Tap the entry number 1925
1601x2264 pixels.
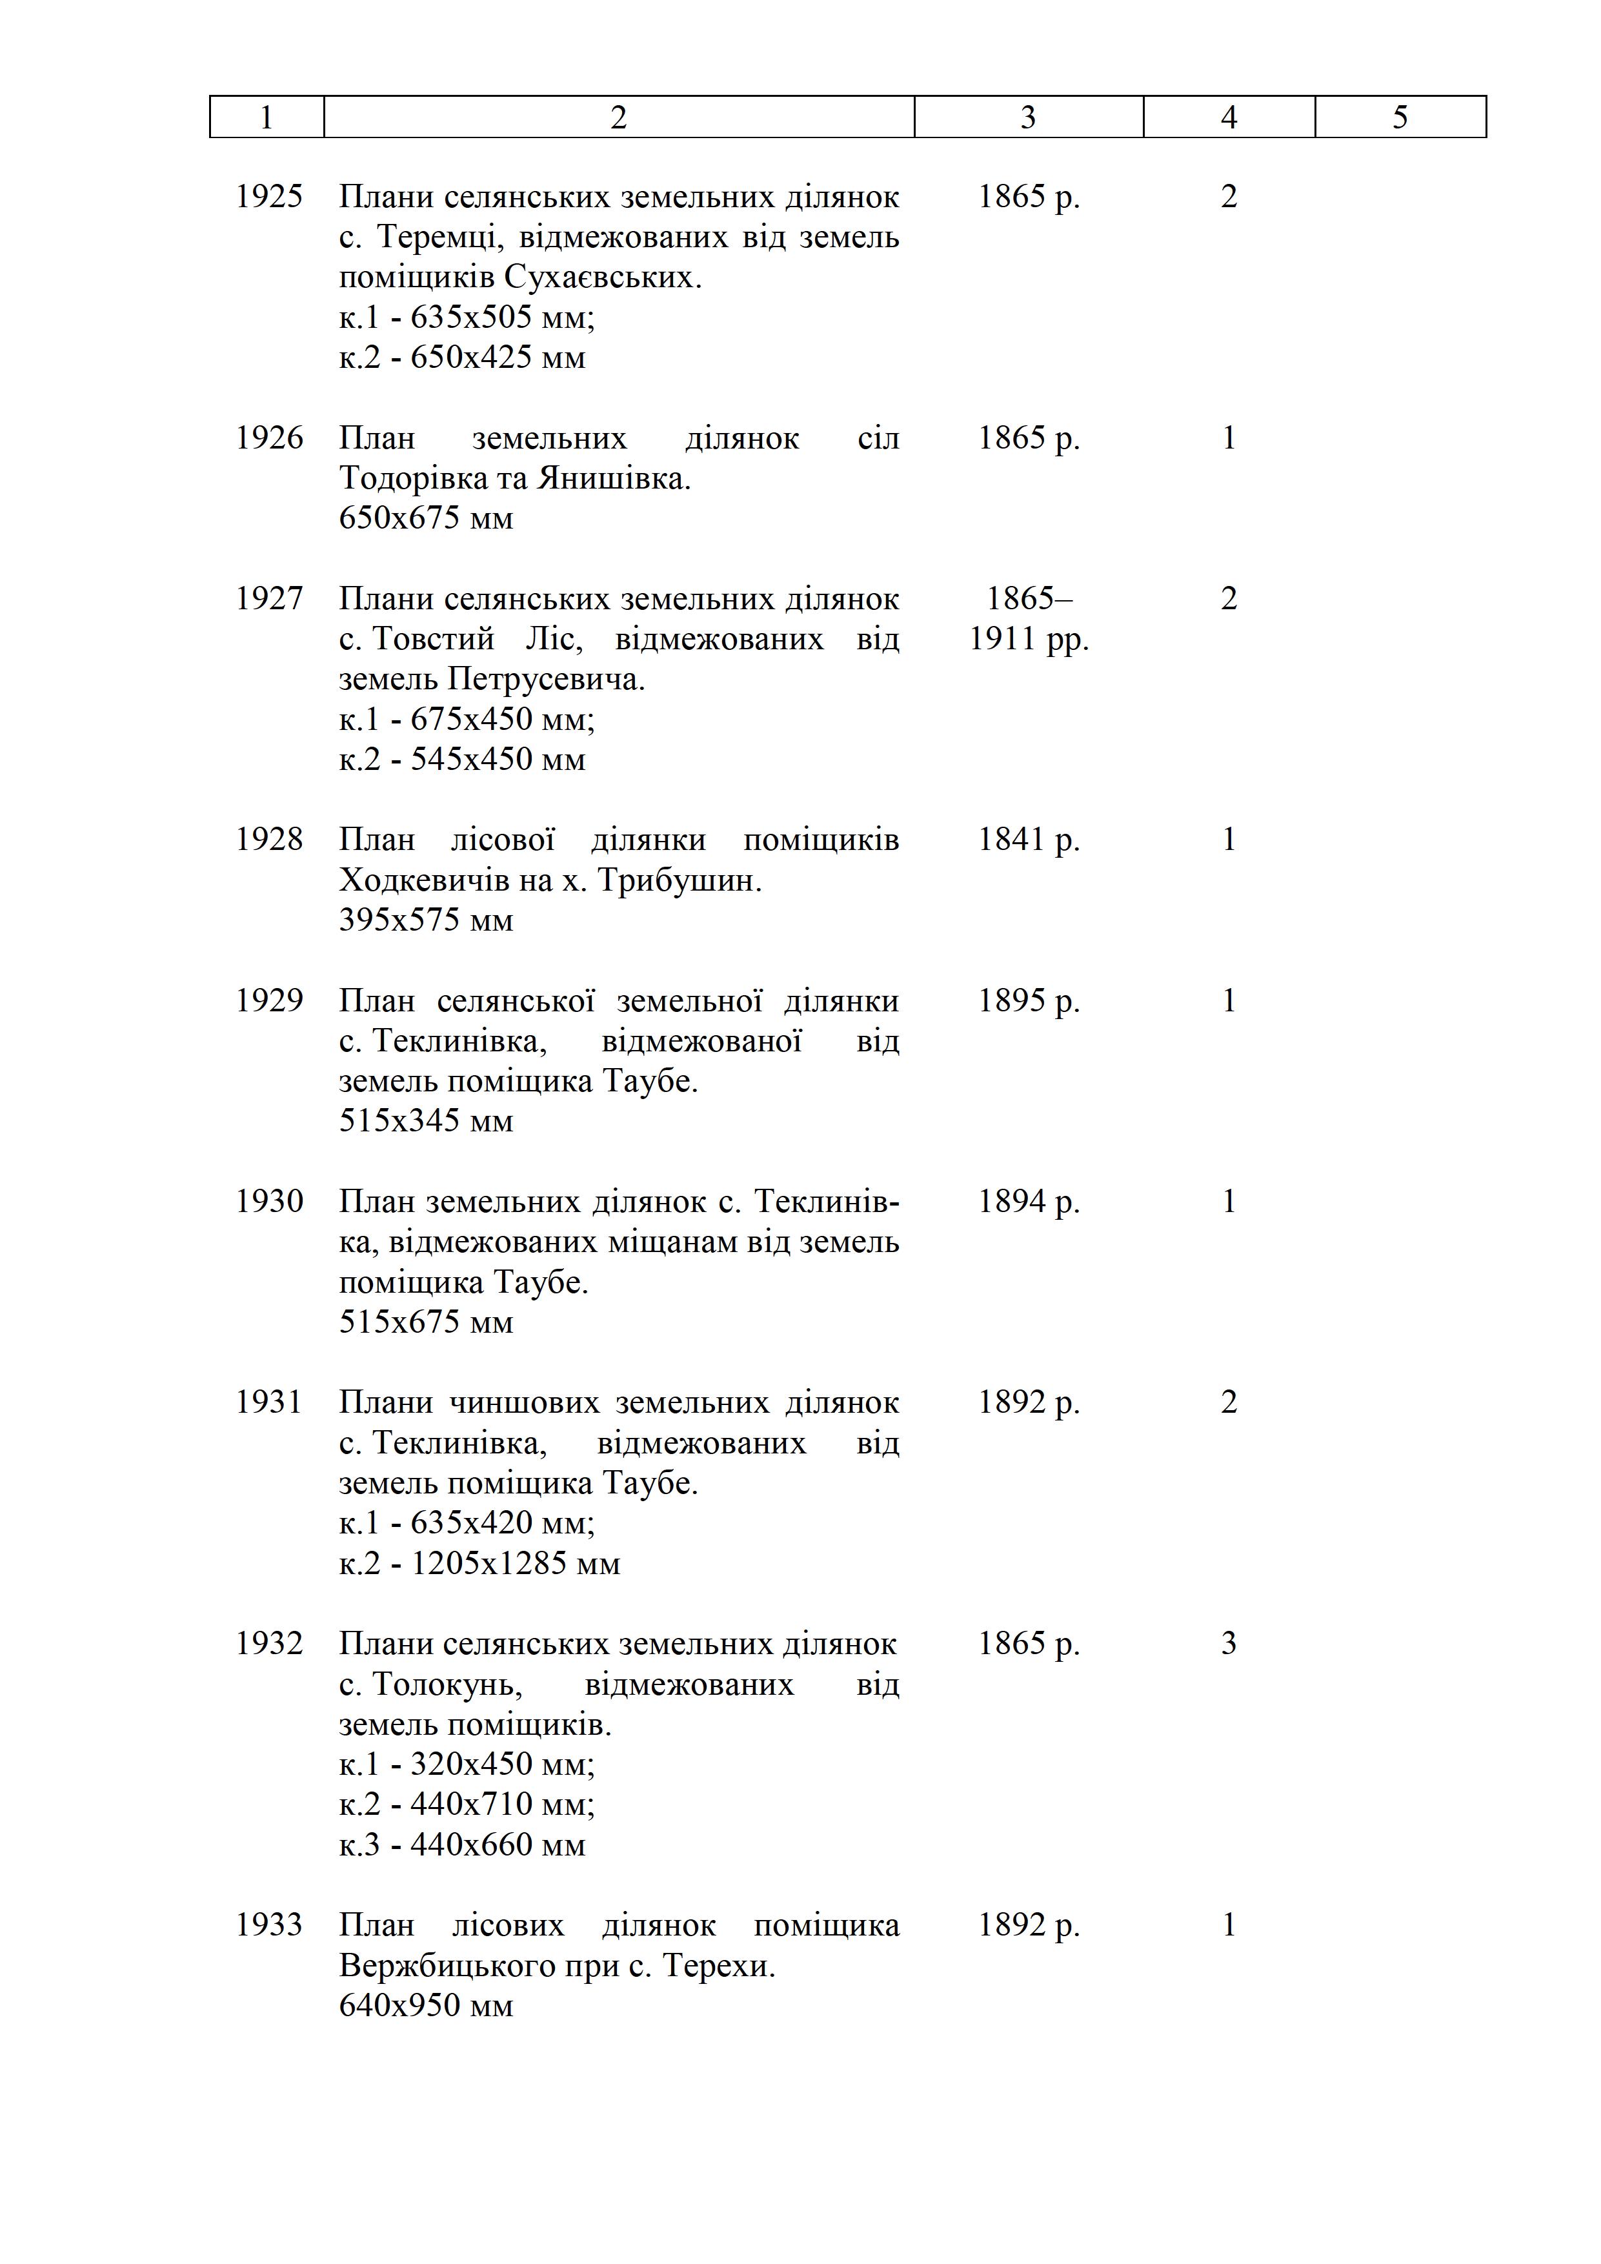268,196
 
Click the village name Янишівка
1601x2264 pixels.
613,478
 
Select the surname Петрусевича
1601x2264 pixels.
545,680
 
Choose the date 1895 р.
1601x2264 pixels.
1028,1001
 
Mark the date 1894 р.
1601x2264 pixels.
1028,1201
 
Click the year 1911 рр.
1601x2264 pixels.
1028,639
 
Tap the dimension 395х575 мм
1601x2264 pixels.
426,920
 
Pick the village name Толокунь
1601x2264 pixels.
447,1684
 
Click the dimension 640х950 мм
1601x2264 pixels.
426,2006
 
